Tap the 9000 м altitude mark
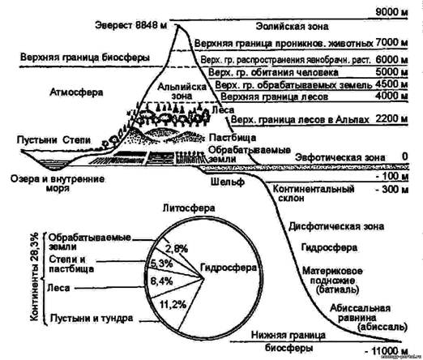click(x=395, y=12)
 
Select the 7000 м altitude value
click(x=395, y=41)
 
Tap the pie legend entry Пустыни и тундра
click(x=85, y=319)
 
